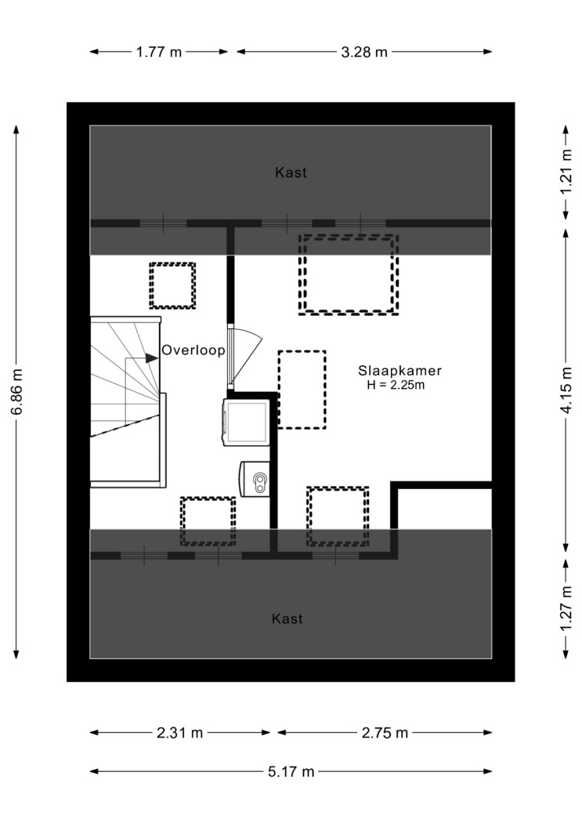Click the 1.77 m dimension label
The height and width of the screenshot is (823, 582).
coord(159,52)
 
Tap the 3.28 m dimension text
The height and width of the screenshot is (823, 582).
coord(364,52)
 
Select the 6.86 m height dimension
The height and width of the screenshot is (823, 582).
coord(16,392)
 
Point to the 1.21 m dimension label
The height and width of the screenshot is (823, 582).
coord(566,172)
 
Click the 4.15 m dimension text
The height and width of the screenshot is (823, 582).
coord(566,390)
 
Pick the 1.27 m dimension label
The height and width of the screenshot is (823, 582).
coord(566,609)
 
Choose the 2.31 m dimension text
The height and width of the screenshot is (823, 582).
coord(179,733)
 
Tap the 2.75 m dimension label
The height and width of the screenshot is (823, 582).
coord(385,733)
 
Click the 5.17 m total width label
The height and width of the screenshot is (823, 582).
coord(291,771)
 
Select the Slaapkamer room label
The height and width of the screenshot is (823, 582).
coord(400,371)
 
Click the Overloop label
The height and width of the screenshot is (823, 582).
coord(193,350)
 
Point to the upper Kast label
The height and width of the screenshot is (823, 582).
coord(291,172)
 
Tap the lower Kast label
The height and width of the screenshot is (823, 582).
coord(287,619)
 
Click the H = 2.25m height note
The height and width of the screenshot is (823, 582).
coord(396,385)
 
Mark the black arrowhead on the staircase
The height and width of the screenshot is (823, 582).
coord(151,358)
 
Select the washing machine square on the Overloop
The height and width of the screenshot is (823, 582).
coord(247,422)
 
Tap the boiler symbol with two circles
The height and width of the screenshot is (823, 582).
coord(255,479)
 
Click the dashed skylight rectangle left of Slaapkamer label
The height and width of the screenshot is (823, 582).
coord(302,390)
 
